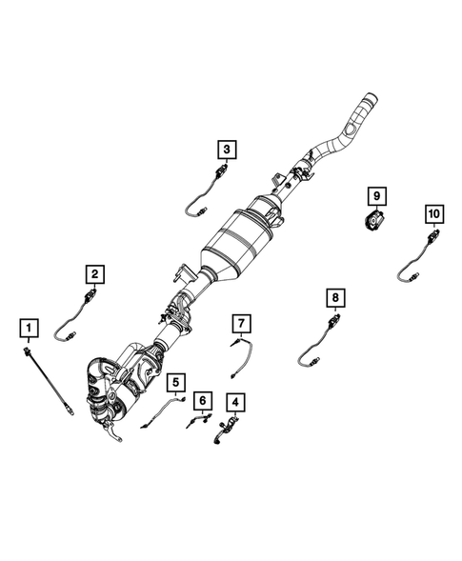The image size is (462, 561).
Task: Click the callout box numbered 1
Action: point(30,330)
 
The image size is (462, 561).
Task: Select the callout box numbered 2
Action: point(95,274)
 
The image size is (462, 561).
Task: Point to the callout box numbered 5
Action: point(175,383)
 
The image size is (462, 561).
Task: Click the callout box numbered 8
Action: point(335,298)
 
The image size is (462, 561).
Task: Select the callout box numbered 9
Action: point(376,196)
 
